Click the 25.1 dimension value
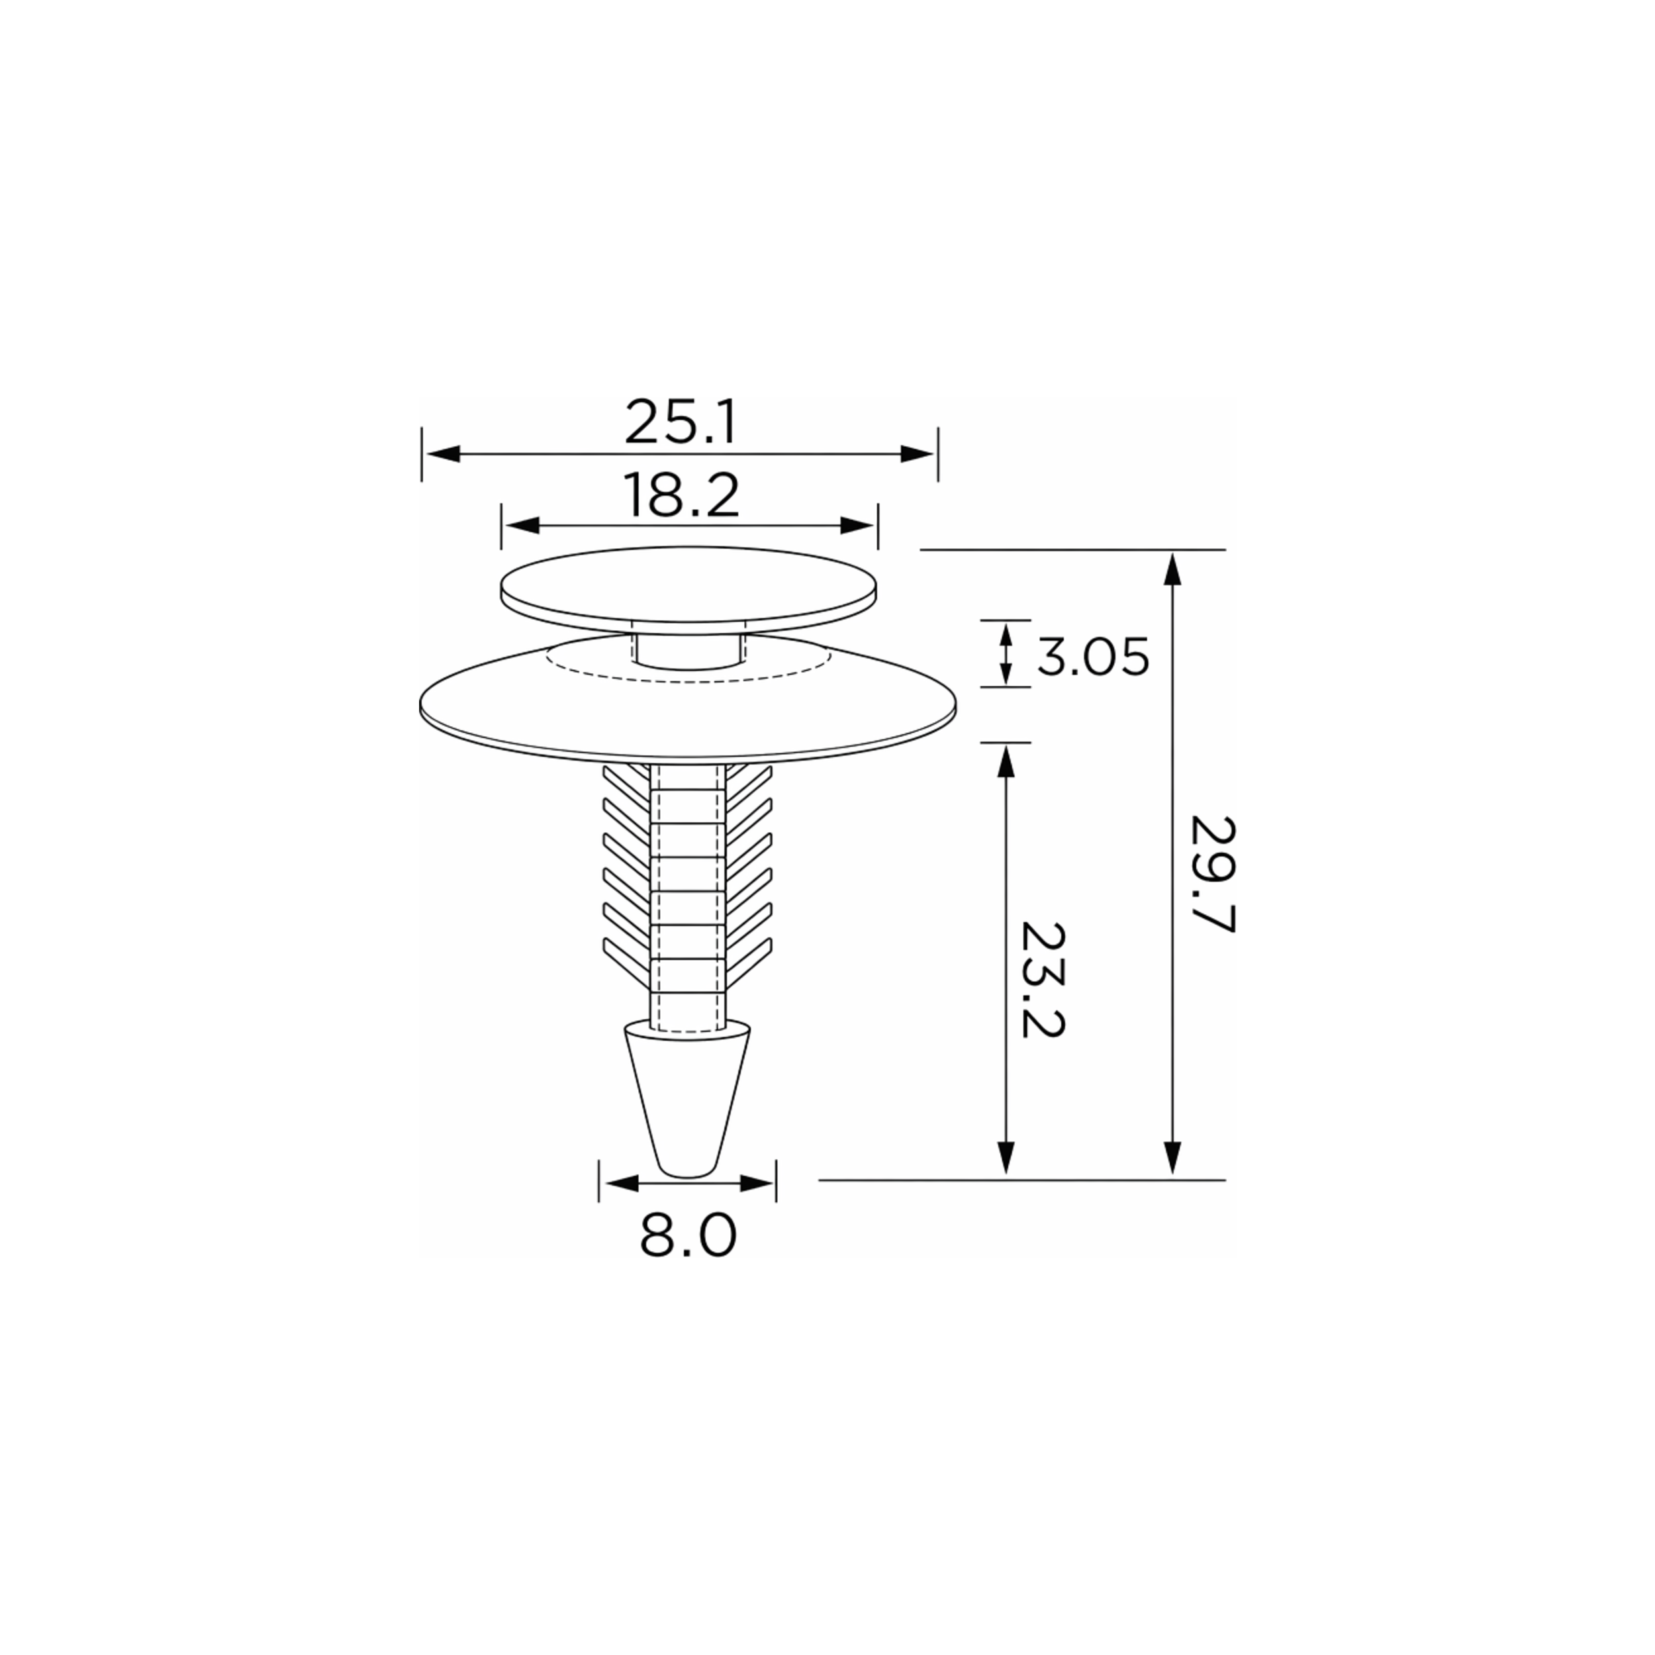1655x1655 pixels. (x=680, y=422)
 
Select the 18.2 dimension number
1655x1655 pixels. (x=682, y=495)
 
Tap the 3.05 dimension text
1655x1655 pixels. (x=1093, y=658)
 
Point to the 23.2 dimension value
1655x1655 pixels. (x=1043, y=979)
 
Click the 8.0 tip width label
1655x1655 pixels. (x=688, y=1236)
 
